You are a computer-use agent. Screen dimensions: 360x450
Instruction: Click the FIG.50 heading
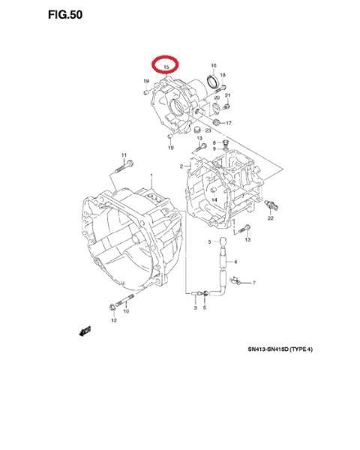click(65, 15)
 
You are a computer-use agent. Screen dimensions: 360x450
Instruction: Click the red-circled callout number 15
click(166, 67)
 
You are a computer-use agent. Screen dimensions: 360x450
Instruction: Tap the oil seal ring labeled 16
click(213, 81)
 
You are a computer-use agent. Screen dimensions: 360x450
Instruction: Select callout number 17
click(229, 123)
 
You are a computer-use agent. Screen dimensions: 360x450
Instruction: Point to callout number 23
click(208, 130)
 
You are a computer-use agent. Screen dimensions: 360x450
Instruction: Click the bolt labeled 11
click(124, 167)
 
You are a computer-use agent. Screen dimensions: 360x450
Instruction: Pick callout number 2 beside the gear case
click(181, 166)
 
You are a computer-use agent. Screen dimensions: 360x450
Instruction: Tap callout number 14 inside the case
click(214, 199)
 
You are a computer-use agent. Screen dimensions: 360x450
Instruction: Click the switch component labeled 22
click(271, 205)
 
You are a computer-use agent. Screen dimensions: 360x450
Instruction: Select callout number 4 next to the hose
click(235, 262)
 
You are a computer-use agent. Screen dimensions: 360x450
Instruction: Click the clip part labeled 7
click(235, 280)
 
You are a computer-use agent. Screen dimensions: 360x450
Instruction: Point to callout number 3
click(196, 308)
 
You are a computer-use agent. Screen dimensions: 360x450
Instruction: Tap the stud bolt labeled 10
click(124, 300)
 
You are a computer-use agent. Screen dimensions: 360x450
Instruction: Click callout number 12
click(114, 320)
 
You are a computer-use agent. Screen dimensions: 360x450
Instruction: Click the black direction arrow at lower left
click(85, 331)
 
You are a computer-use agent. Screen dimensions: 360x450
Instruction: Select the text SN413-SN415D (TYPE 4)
click(280, 349)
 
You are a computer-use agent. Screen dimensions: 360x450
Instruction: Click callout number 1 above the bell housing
click(151, 175)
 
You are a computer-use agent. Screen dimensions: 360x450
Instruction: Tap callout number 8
click(214, 142)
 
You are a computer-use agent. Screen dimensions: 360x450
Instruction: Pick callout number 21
click(227, 95)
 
